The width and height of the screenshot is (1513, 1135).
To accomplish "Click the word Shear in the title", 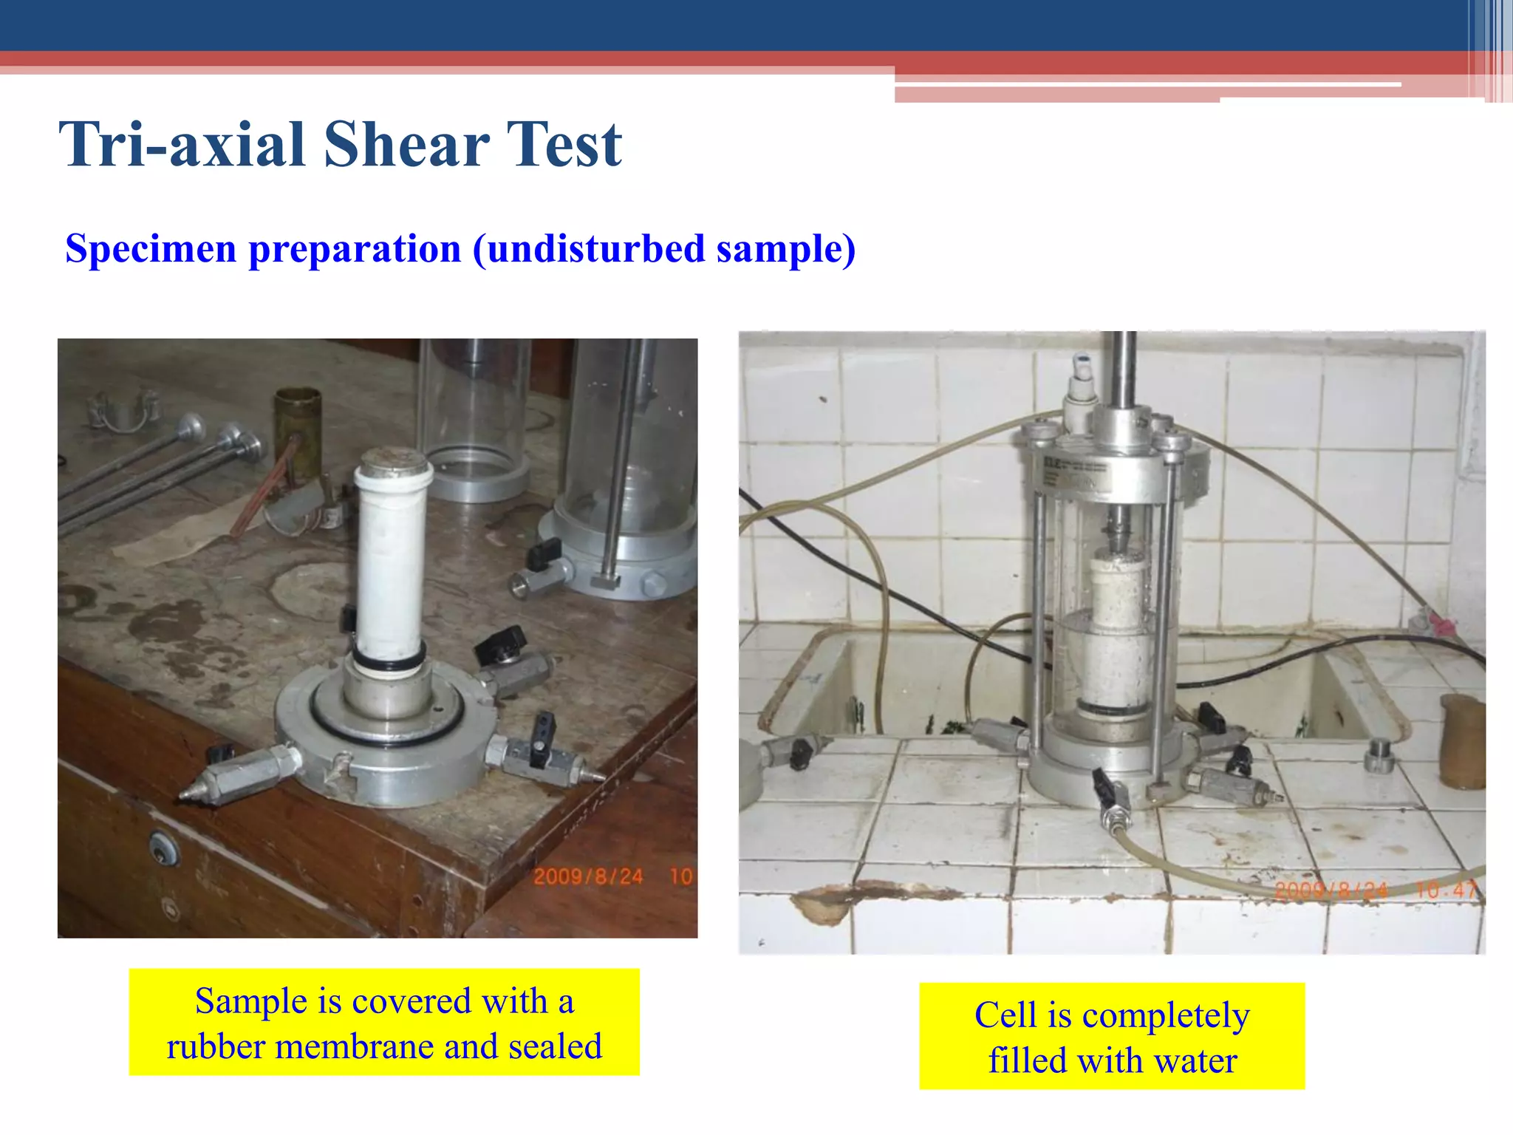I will pos(406,144).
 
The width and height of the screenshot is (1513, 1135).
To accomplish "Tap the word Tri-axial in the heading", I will pos(182,144).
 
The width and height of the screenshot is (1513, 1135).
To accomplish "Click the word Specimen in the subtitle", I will pos(151,248).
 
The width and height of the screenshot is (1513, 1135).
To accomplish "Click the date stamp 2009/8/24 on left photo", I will pos(588,876).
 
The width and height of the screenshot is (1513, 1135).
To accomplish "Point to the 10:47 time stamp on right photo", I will pos(1445,890).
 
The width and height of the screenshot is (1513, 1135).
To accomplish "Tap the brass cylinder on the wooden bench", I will pos(298,425).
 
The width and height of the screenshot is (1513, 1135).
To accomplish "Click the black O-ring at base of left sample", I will pos(389,660).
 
